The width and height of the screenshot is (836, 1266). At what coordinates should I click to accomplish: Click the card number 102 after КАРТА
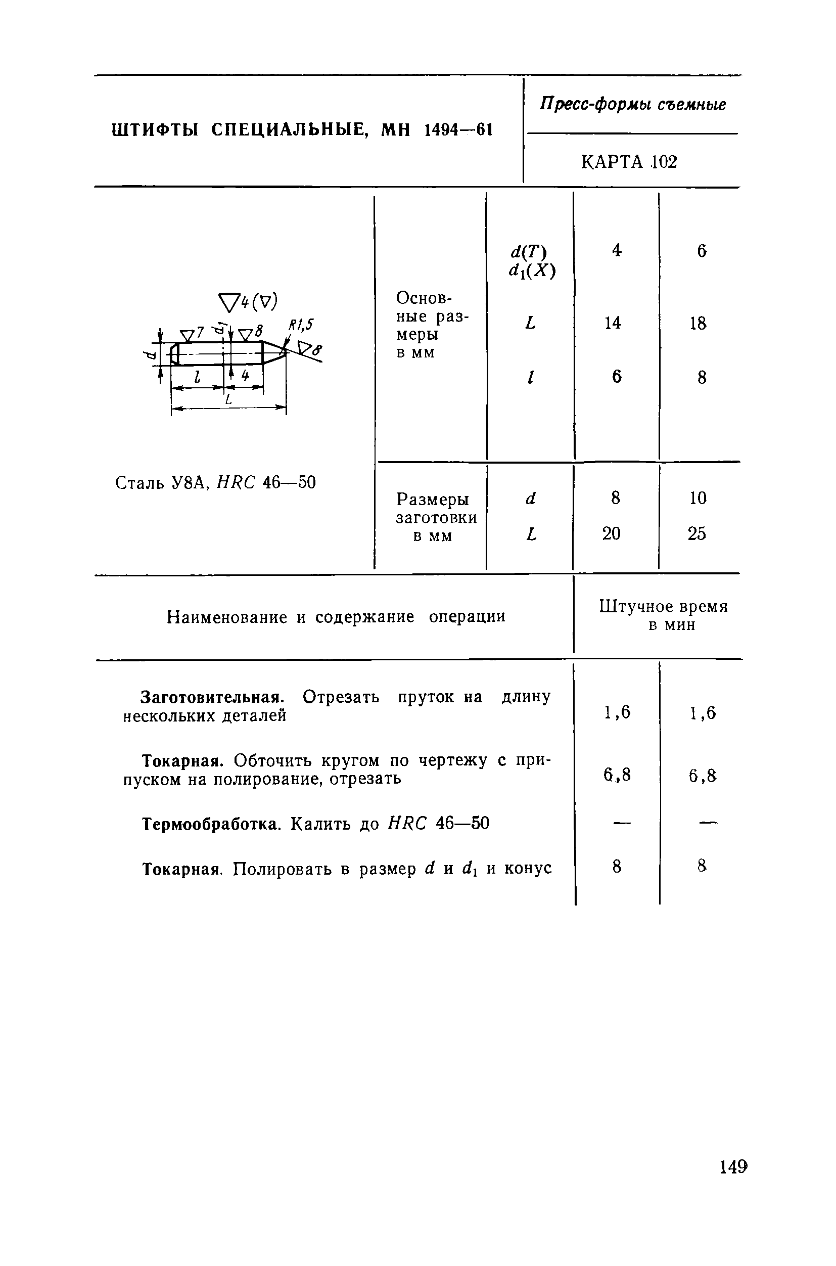[664, 162]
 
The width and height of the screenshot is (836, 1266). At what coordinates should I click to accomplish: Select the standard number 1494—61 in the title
[457, 129]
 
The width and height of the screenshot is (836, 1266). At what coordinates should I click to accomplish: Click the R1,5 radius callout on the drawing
[301, 325]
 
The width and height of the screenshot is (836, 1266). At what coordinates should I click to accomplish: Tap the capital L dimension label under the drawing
[228, 399]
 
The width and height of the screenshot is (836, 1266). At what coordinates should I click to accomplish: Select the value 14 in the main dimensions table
[613, 323]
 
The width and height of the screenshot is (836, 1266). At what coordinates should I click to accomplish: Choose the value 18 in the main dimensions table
[698, 323]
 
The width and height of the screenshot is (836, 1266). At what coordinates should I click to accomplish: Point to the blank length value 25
[697, 533]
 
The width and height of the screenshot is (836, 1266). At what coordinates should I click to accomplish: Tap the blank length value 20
[612, 533]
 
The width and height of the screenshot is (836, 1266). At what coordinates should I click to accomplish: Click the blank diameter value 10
[698, 498]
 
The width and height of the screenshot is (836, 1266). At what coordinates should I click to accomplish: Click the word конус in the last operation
[527, 869]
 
